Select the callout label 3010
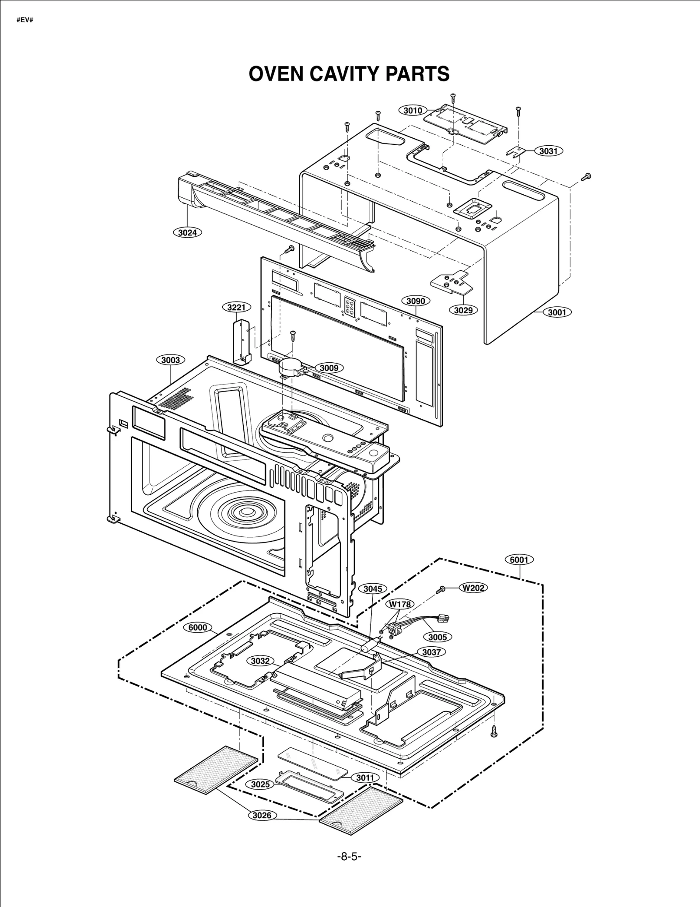(x=413, y=110)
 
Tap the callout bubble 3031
(x=548, y=151)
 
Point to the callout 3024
(x=187, y=233)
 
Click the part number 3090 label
(x=415, y=301)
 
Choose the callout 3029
(x=463, y=310)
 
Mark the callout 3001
(x=557, y=312)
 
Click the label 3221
(x=236, y=307)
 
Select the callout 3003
(x=171, y=360)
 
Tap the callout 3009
(x=329, y=368)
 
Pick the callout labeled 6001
(x=519, y=560)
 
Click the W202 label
(x=473, y=588)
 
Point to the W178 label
(x=400, y=604)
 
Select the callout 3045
(x=373, y=589)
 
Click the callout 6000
(x=198, y=627)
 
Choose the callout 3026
(x=262, y=815)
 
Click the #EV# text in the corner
(x=25, y=20)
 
